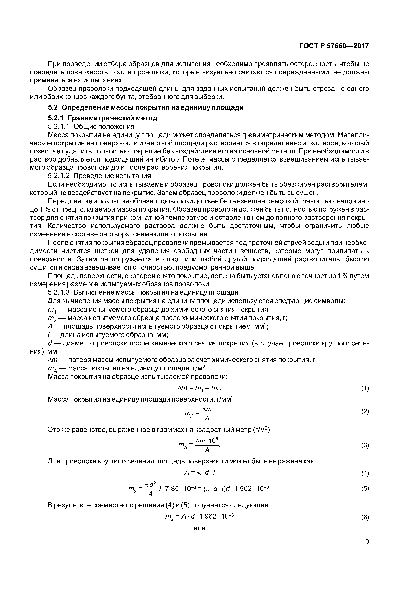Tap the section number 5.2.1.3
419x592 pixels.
tap(59, 292)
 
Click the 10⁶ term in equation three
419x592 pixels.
tap(212, 441)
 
